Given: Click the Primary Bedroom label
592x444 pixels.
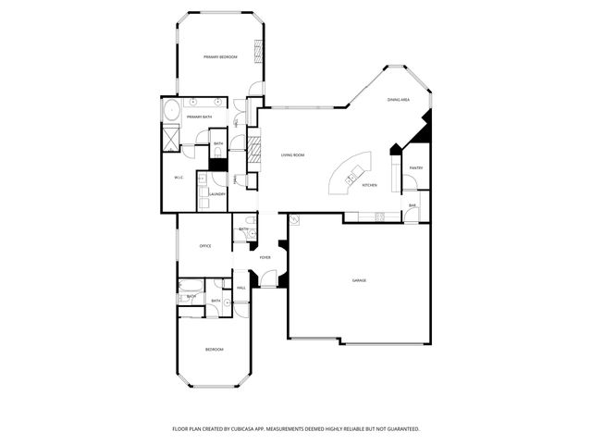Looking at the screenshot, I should pyautogui.click(x=220, y=57).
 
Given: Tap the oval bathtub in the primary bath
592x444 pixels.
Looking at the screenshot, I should pyautogui.click(x=170, y=111).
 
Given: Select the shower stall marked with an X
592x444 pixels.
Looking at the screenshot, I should pyautogui.click(x=170, y=137).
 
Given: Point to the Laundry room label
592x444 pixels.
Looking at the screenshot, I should pyautogui.click(x=217, y=194).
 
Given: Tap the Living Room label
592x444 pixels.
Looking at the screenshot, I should pyautogui.click(x=292, y=155).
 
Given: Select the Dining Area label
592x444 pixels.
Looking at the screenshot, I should pyautogui.click(x=399, y=99).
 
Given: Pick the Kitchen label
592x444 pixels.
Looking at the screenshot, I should pyautogui.click(x=369, y=186).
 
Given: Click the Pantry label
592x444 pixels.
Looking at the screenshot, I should pyautogui.click(x=416, y=167).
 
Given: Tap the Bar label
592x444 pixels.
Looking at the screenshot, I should pyautogui.click(x=413, y=205).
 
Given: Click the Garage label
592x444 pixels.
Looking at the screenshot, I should pyautogui.click(x=358, y=280).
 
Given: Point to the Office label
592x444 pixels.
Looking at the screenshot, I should pyautogui.click(x=205, y=246).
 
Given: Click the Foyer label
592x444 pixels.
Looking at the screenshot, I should pyautogui.click(x=265, y=258).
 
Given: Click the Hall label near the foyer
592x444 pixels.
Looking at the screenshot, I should pyautogui.click(x=240, y=289).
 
